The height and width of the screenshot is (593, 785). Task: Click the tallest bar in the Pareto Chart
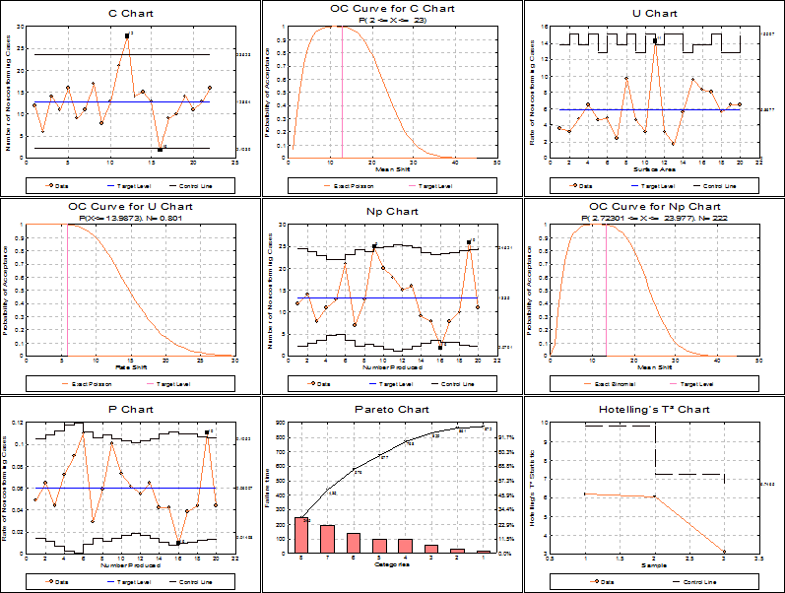click(301, 534)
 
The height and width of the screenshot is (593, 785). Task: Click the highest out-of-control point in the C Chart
click(127, 35)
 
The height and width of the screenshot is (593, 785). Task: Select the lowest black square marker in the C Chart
click(160, 149)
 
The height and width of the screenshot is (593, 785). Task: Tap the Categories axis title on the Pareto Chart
click(392, 565)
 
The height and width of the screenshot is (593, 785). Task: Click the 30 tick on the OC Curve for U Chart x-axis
click(233, 361)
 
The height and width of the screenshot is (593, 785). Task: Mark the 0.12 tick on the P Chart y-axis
click(21, 422)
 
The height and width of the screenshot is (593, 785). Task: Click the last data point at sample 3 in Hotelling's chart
click(724, 553)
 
